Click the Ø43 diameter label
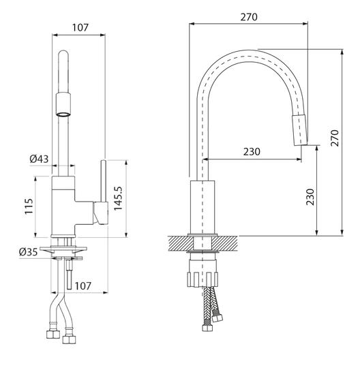(x=39, y=159)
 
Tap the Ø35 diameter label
(x=28, y=251)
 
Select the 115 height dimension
(x=29, y=206)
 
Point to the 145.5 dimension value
(x=118, y=198)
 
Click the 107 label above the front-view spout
(x=80, y=27)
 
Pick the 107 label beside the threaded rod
(x=83, y=286)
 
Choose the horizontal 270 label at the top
(x=249, y=17)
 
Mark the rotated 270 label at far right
(x=335, y=138)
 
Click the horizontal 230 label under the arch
(x=252, y=151)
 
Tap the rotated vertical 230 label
(x=310, y=197)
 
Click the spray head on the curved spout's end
(x=299, y=129)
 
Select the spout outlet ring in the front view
(x=63, y=114)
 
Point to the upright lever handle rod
(x=104, y=181)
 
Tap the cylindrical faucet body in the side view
(x=202, y=207)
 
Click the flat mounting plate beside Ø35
(x=63, y=249)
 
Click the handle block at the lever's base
(x=101, y=213)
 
